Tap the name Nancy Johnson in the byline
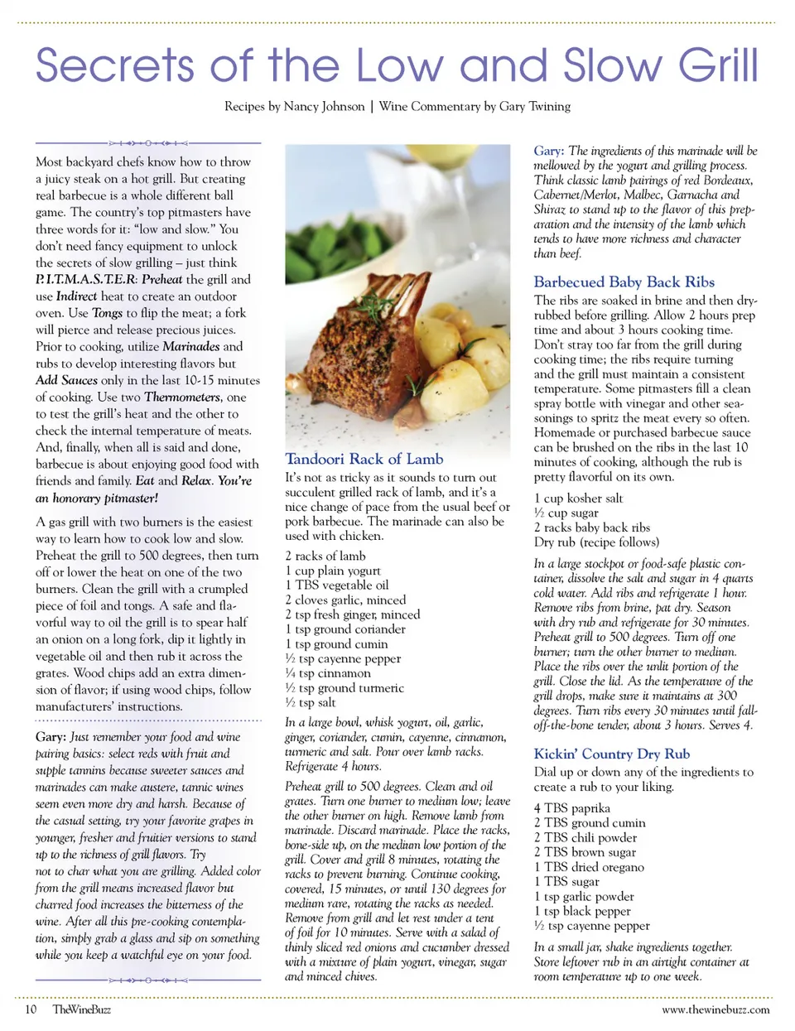(324, 106)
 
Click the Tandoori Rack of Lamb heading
(364, 459)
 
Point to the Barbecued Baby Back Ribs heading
(624, 282)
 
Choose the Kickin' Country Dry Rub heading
(611, 754)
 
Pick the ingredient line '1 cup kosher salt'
(578, 499)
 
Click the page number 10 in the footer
(31, 1009)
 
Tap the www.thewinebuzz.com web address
(715, 1009)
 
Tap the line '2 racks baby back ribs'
(591, 528)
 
